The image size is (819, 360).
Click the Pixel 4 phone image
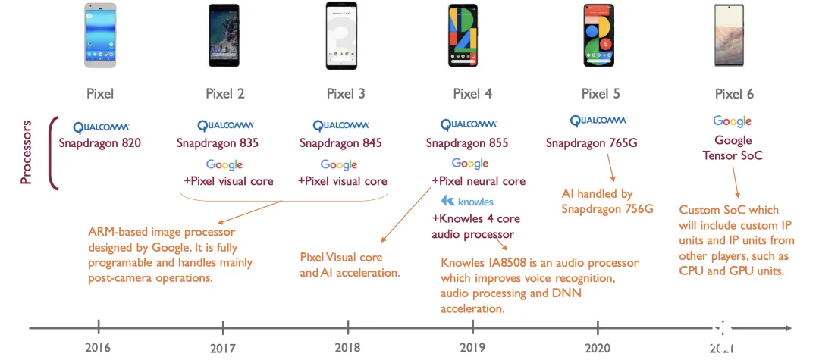pos(463,36)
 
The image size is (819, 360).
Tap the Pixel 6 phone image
pos(730,36)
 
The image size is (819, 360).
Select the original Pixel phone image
pos(100,36)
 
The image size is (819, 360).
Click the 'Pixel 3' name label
pos(346,94)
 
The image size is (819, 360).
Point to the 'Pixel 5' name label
pos(601,94)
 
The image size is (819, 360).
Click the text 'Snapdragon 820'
pos(100,142)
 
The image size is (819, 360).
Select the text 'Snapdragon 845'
pos(340,143)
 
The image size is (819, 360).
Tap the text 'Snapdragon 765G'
pos(591,143)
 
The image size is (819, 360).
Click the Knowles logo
pos(467,202)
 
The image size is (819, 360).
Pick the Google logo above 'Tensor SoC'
pos(733,121)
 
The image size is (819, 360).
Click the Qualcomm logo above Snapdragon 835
pos(226,125)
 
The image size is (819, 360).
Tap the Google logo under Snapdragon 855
pos(470,164)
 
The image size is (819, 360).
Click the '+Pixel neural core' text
pos(479,181)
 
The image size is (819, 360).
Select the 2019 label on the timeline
pos(472,347)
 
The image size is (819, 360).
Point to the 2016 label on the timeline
pos(98,347)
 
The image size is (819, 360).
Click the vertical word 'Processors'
pos(26,152)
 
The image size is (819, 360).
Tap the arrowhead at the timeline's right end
pos(788,328)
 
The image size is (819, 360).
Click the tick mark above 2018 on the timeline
pos(348,327)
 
